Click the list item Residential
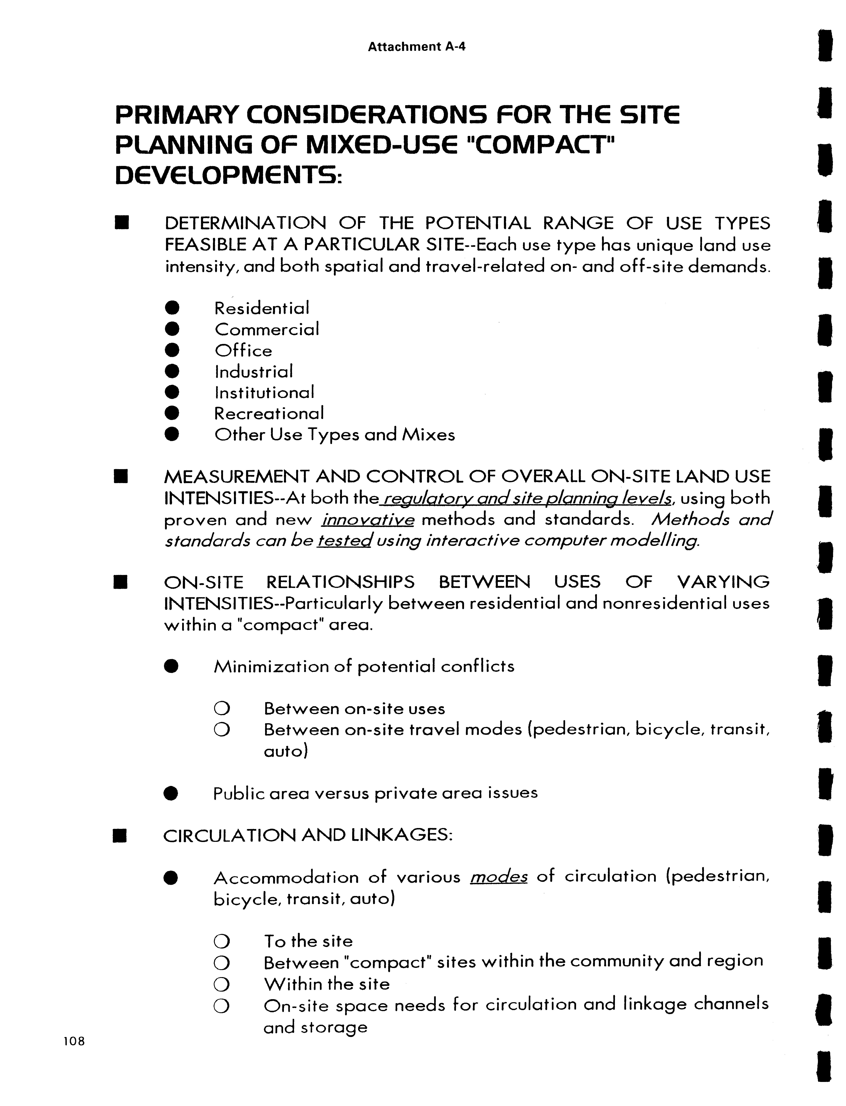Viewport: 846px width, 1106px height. [x=261, y=308]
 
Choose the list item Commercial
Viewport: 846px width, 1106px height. [x=266, y=329]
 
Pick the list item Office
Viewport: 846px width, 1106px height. [x=243, y=350]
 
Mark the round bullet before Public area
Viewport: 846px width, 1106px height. [x=171, y=794]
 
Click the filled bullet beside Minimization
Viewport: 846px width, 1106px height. [x=171, y=666]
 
